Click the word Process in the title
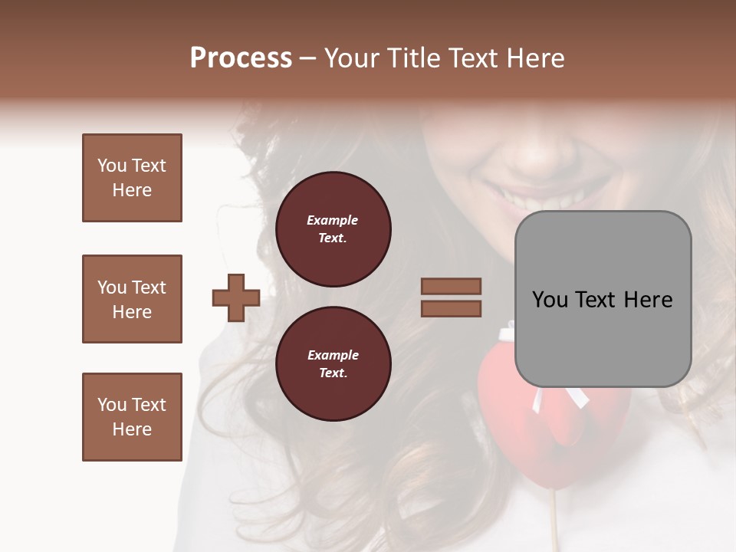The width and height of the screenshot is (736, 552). (241, 58)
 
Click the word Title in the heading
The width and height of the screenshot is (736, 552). (412, 58)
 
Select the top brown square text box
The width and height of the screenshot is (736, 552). (132, 178)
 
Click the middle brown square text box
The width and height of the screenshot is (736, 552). (132, 299)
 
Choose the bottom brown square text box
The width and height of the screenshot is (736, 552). (132, 417)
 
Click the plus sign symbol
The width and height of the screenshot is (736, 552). (236, 297)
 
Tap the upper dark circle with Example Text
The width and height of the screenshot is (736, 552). (333, 229)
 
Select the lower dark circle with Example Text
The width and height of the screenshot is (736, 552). (333, 364)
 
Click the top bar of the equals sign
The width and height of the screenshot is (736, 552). (451, 286)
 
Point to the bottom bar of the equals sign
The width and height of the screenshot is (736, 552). (451, 308)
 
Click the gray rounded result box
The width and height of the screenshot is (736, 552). (603, 299)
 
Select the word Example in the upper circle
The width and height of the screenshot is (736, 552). (333, 220)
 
